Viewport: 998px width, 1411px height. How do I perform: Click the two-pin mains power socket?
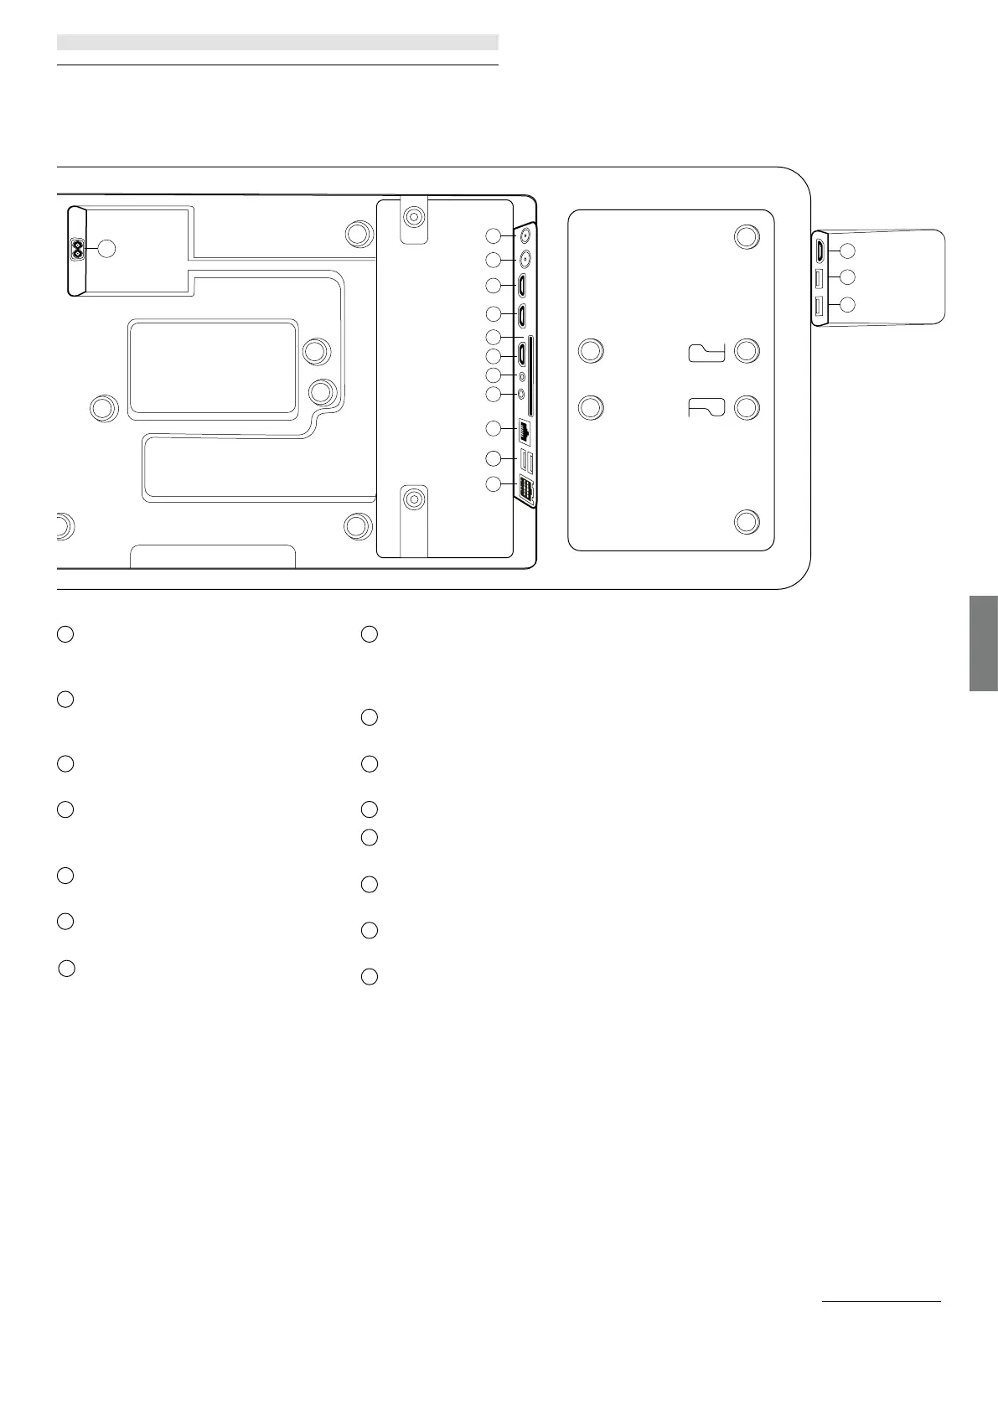click(x=78, y=249)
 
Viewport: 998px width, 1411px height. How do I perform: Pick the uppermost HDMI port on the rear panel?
click(x=522, y=286)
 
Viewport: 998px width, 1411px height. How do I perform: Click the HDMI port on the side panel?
click(x=820, y=250)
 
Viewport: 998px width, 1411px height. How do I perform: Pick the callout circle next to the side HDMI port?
click(x=847, y=250)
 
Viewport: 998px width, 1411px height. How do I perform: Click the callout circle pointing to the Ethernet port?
click(x=494, y=429)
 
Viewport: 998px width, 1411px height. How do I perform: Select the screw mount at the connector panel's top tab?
click(x=412, y=217)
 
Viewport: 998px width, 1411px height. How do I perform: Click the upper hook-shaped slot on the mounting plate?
click(x=706, y=353)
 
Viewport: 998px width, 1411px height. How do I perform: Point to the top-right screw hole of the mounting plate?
click(x=746, y=236)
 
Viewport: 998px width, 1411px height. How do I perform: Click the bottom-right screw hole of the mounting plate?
click(x=746, y=522)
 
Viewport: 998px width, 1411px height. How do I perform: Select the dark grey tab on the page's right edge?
click(x=983, y=643)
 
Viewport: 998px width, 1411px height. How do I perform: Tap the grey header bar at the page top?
click(x=277, y=42)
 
